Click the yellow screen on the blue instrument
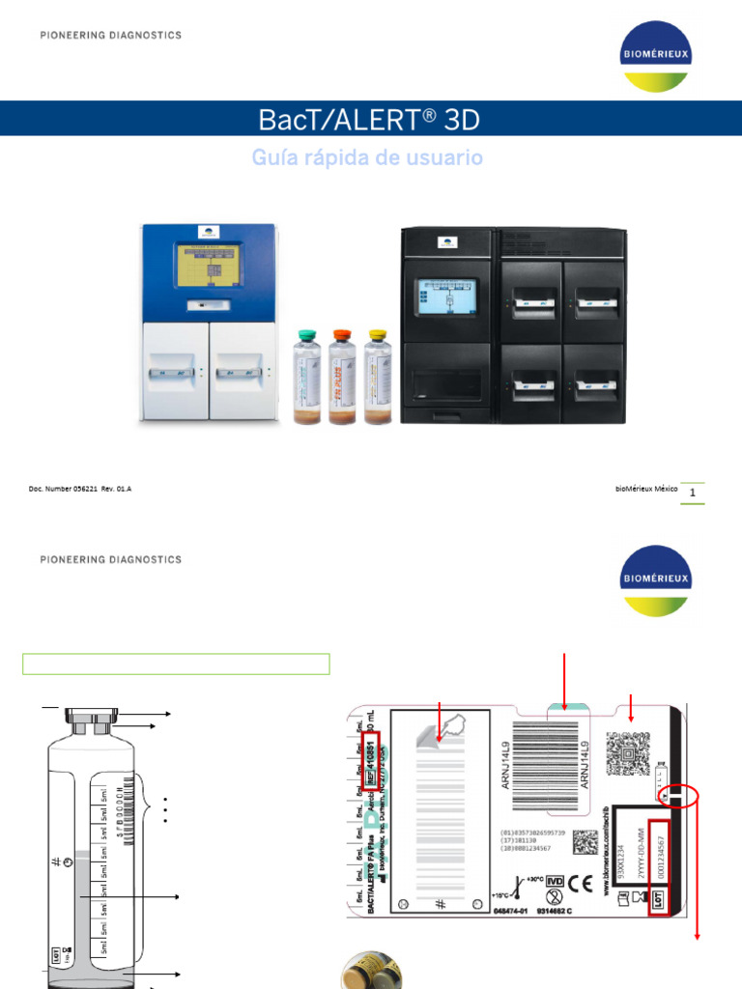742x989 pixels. coord(209,265)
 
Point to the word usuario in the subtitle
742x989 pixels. coord(447,157)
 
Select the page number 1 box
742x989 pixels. coord(693,493)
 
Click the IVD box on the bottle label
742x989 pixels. coord(555,882)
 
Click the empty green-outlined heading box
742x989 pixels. coord(177,664)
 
